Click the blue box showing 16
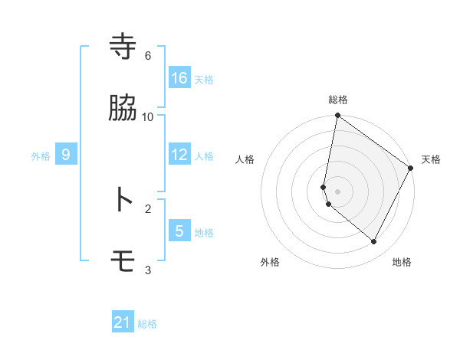tap(179, 78)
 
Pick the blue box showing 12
tap(179, 155)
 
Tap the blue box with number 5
tap(179, 231)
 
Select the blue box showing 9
tap(66, 155)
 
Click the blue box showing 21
tap(123, 322)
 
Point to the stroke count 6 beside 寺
tap(148, 56)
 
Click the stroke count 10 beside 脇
tap(148, 117)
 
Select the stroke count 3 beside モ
tap(148, 270)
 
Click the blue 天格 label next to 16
tap(204, 79)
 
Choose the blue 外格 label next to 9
tap(41, 155)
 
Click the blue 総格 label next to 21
tap(147, 324)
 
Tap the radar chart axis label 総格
tap(338, 100)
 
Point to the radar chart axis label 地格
tap(402, 262)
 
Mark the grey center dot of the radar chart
tap(338, 191)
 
